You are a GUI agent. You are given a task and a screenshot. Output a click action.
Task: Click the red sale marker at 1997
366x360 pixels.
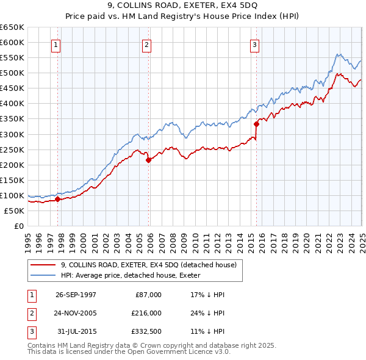pos(58,199)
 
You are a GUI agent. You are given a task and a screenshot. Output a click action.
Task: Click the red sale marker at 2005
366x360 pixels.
pos(148,160)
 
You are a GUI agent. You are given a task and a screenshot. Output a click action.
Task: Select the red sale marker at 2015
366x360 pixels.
pos(256,124)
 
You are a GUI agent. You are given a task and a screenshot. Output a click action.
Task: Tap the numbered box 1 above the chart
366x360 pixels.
pos(56,44)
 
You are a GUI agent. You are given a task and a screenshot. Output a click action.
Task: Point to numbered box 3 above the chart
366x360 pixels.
pos(254,44)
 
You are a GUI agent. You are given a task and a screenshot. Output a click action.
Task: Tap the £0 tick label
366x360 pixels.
pos(18,226)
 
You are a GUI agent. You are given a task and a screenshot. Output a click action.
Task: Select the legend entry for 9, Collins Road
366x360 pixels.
pos(152,265)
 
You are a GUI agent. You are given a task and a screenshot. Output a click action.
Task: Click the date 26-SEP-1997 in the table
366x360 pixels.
pos(76,295)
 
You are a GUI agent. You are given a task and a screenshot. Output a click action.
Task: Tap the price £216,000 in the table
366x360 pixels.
pos(146,313)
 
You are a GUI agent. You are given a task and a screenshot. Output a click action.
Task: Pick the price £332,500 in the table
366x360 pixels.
pos(146,331)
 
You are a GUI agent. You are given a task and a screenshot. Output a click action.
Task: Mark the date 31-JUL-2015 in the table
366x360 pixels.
pos(76,331)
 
